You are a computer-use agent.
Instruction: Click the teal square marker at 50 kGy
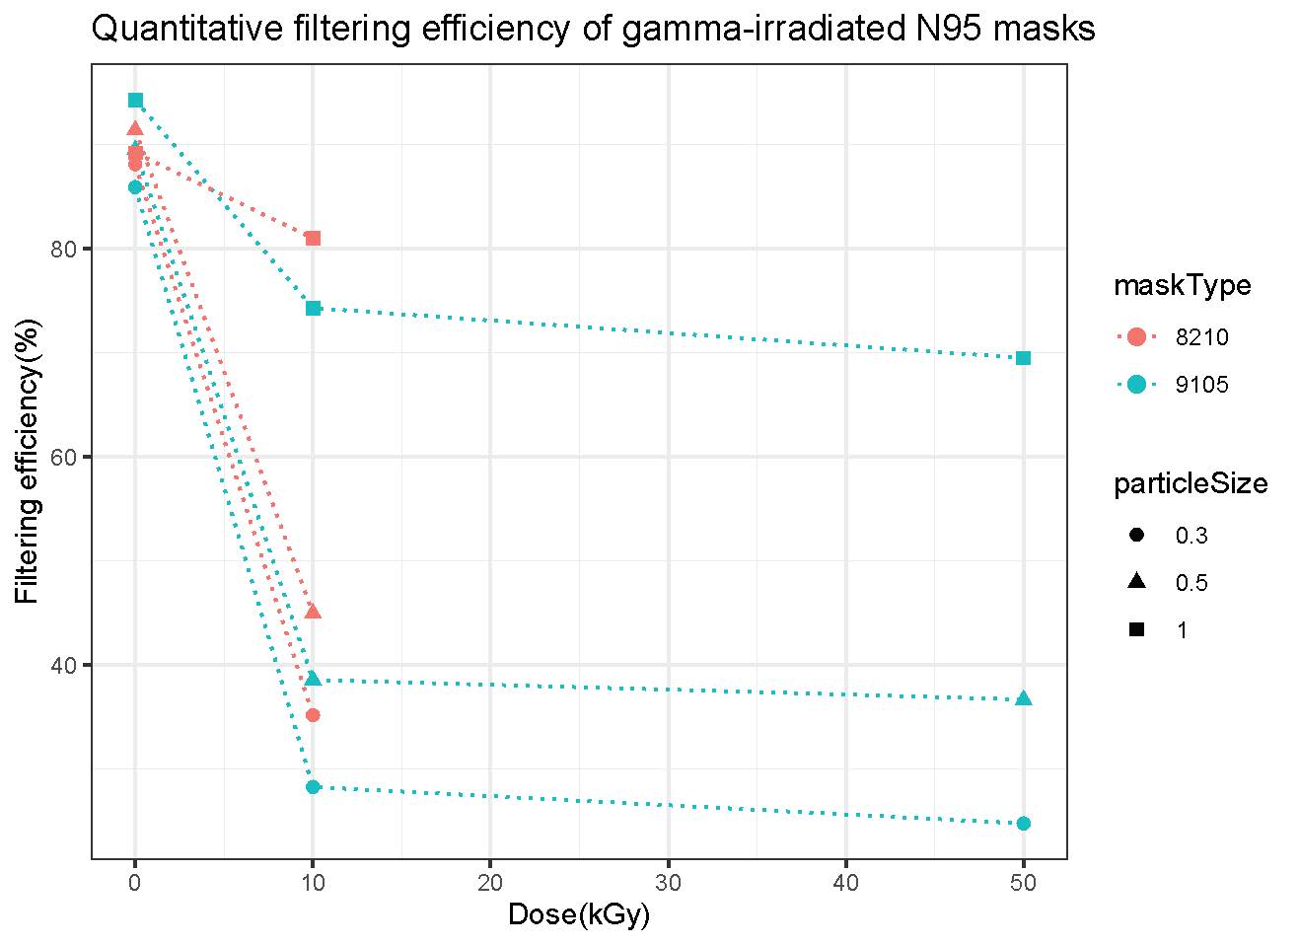point(1023,358)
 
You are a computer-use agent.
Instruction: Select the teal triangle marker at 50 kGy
point(1023,698)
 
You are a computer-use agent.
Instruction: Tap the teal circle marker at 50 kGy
point(1023,823)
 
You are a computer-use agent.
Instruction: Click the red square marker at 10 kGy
point(313,238)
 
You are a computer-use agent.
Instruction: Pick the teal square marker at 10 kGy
point(313,308)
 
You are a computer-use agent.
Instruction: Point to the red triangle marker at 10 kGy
point(313,612)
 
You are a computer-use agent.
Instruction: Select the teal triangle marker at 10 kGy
point(313,679)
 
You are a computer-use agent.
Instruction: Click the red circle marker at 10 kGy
point(313,714)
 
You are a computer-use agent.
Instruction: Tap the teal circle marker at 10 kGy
point(313,786)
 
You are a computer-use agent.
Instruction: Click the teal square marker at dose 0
point(135,100)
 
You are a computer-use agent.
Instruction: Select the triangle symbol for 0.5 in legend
point(1136,582)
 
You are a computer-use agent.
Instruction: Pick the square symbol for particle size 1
point(1136,629)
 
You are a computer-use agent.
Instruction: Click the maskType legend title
point(1182,286)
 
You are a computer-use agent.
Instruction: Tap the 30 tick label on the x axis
point(668,881)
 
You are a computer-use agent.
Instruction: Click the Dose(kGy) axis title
point(578,915)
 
